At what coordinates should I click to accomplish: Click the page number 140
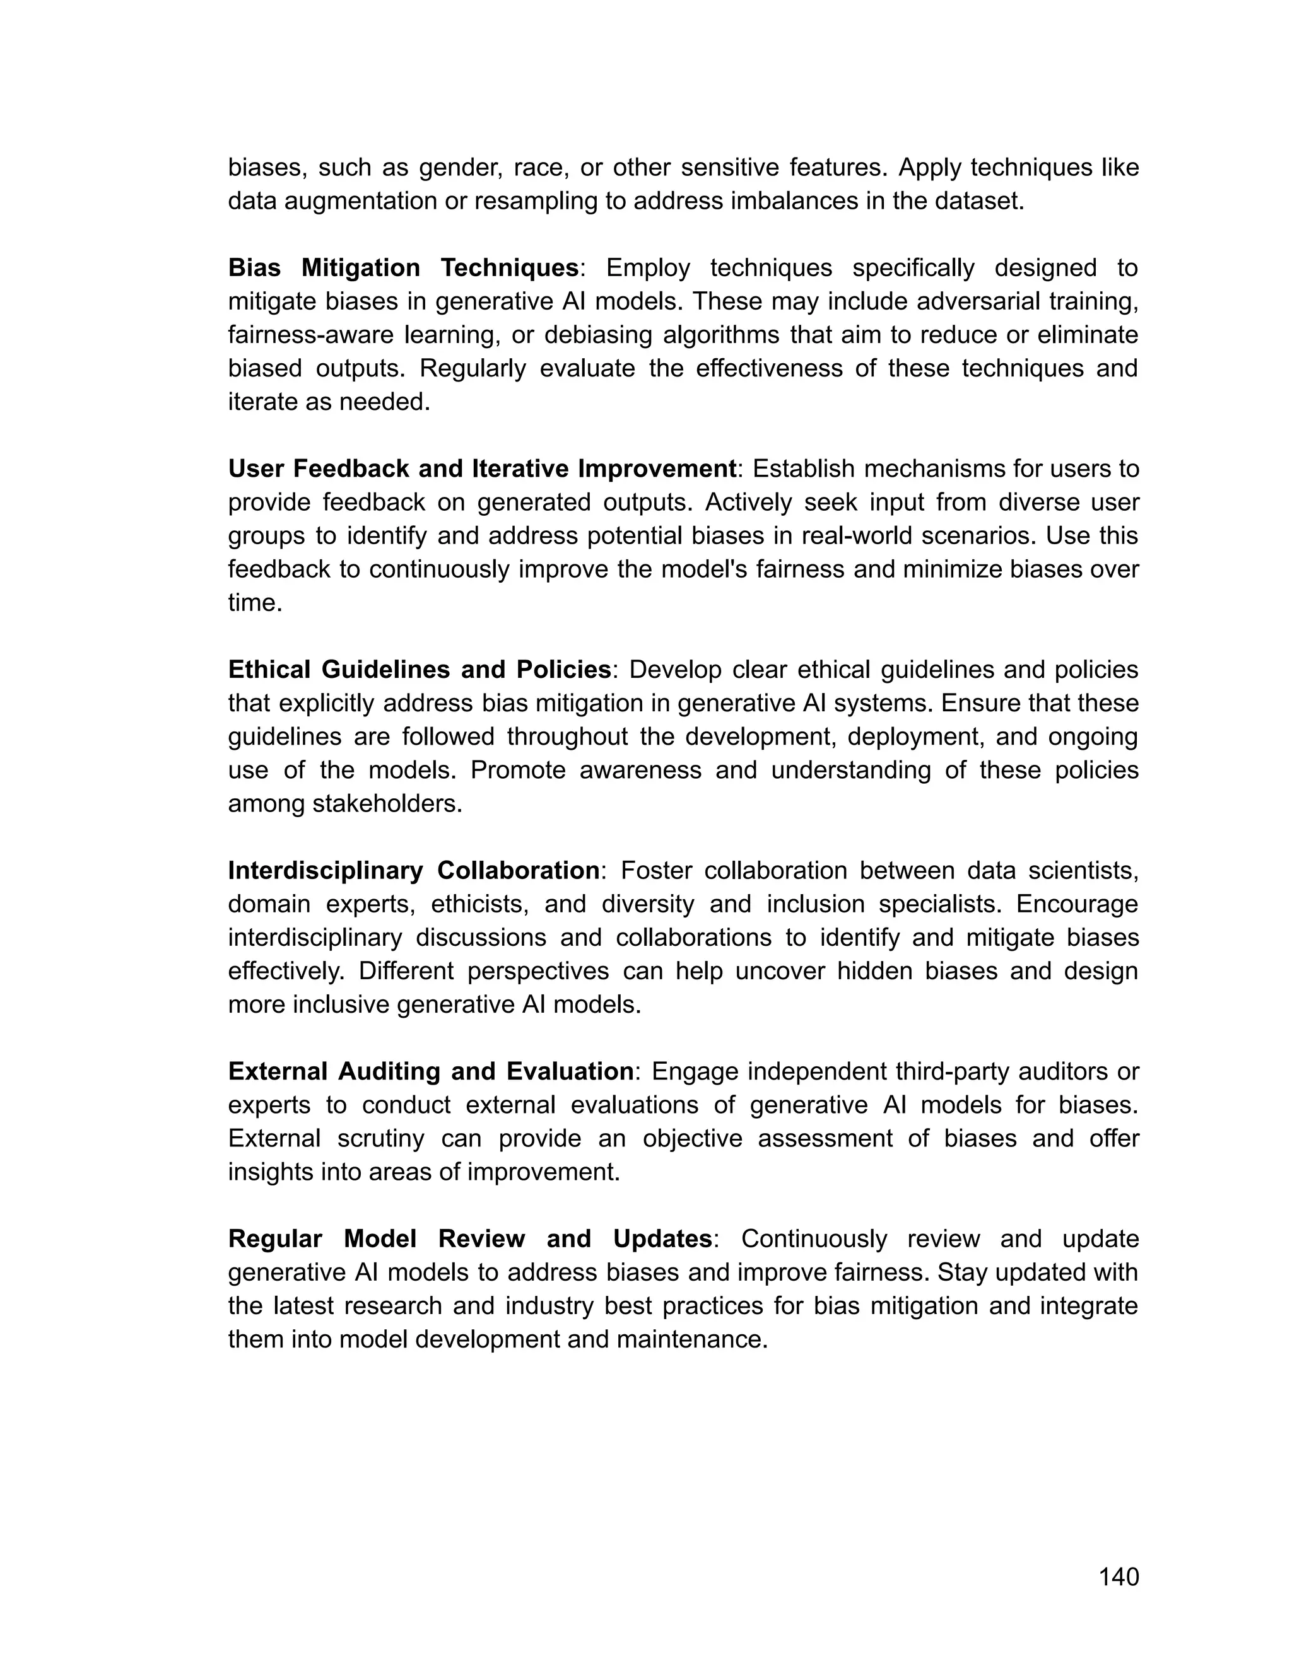coord(1119,1577)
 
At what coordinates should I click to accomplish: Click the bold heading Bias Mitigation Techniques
coord(403,268)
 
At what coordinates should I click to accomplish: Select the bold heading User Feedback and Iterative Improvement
coord(482,469)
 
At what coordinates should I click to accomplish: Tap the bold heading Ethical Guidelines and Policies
coord(420,670)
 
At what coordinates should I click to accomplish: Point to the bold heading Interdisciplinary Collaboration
coord(414,870)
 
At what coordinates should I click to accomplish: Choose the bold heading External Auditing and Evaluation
coord(431,1071)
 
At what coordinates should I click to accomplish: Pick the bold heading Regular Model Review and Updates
coord(470,1238)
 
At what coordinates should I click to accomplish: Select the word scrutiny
coord(380,1138)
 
